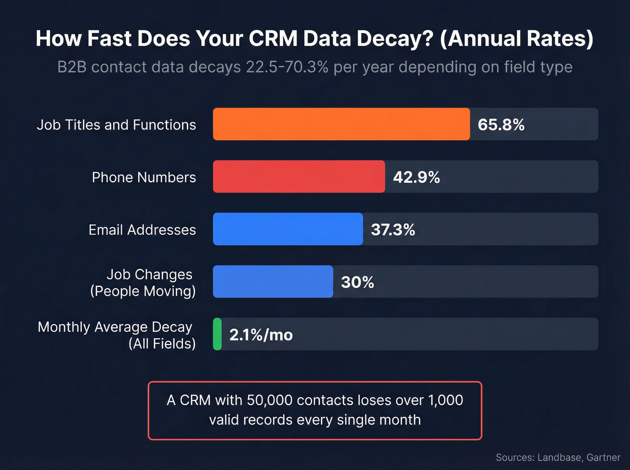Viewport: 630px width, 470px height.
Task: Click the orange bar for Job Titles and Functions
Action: coord(341,124)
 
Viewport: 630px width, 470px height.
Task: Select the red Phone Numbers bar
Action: coord(299,177)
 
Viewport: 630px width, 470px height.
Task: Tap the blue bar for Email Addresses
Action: coord(288,229)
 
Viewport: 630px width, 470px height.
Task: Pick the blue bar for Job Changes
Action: coord(273,282)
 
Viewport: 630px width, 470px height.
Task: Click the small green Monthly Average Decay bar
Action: coord(217,334)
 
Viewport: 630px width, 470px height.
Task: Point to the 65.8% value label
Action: coord(501,125)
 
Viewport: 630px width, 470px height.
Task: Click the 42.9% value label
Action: coord(416,177)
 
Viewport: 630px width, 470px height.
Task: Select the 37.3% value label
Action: coord(393,230)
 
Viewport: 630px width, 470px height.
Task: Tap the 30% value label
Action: coord(357,282)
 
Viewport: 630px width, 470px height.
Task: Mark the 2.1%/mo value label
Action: coord(261,335)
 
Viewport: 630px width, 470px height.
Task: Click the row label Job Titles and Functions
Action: coord(116,125)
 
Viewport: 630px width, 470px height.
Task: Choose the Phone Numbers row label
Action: coord(144,177)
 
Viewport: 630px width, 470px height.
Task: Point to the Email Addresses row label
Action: coord(142,230)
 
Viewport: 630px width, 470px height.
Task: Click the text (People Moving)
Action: coord(143,291)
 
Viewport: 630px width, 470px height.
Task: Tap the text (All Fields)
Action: coord(162,344)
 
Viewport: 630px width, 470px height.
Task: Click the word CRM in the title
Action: coord(273,39)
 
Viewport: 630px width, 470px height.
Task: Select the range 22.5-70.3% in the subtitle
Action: coord(287,67)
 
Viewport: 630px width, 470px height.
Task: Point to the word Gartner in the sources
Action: coord(603,457)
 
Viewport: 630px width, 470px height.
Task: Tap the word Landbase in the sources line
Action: coord(559,457)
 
